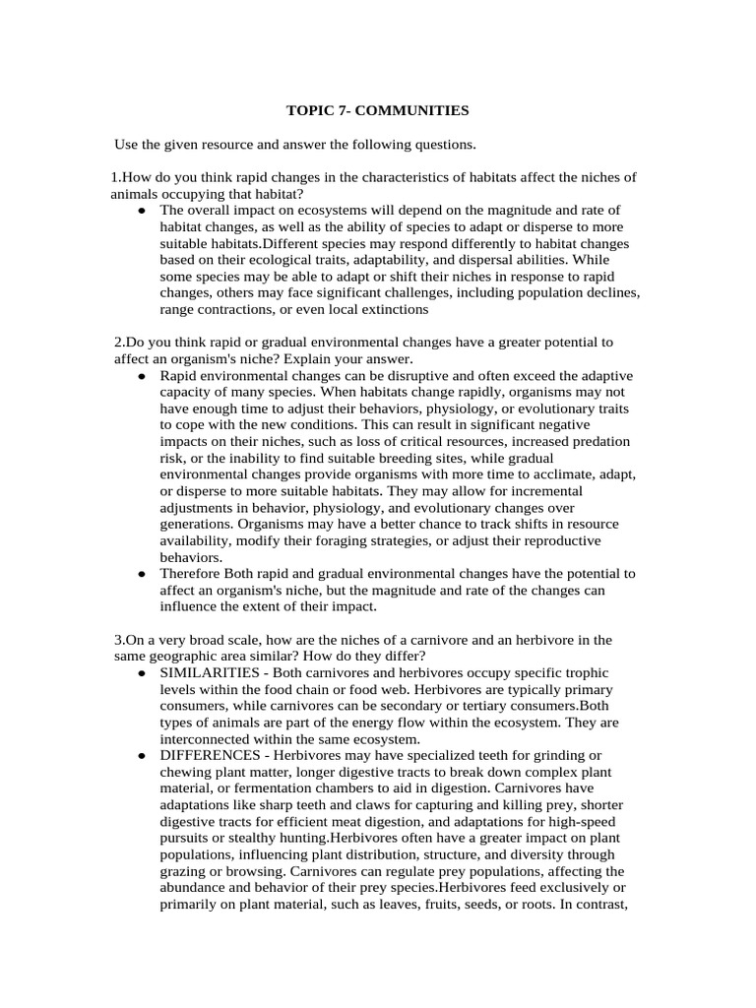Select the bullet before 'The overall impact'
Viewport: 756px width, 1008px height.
(143, 211)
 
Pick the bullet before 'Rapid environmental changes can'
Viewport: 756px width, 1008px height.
(143, 377)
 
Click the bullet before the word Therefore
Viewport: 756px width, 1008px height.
(143, 574)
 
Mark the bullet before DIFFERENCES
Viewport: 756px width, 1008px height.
(143, 755)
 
